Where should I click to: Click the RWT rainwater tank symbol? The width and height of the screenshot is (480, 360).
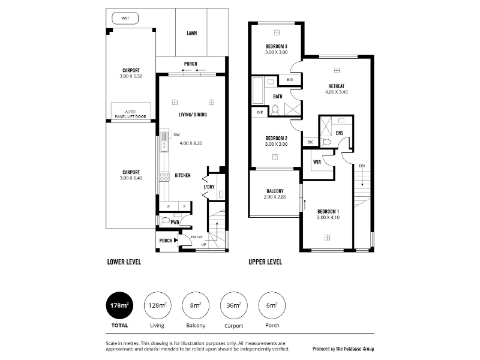(125, 18)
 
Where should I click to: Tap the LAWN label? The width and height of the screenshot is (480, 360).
(192, 33)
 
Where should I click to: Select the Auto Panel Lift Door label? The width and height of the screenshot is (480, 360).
(130, 114)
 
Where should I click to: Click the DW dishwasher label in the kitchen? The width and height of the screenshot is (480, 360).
(176, 134)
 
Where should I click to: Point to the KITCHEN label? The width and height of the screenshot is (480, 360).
(183, 175)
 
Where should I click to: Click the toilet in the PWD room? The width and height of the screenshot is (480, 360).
(166, 220)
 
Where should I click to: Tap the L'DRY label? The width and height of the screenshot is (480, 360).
(209, 187)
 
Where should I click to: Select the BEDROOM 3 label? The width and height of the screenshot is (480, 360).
(277, 47)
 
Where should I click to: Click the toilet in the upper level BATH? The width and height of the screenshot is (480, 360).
(275, 109)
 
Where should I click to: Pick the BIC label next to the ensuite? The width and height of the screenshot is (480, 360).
(310, 142)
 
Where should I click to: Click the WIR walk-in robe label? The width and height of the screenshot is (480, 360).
(317, 162)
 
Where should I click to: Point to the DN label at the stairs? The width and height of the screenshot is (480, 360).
(362, 166)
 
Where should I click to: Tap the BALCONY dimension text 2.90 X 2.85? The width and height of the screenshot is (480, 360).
(275, 197)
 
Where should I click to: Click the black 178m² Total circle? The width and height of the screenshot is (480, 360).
(119, 305)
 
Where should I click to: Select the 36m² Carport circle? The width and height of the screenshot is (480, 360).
(234, 305)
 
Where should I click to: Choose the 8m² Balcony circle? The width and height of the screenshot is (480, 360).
(196, 305)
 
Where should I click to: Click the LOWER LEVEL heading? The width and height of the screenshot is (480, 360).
(124, 262)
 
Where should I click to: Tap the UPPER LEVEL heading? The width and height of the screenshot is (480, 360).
(265, 262)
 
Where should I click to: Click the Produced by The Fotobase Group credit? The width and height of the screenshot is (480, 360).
(343, 349)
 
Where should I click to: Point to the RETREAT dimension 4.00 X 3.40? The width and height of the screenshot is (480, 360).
(337, 92)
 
